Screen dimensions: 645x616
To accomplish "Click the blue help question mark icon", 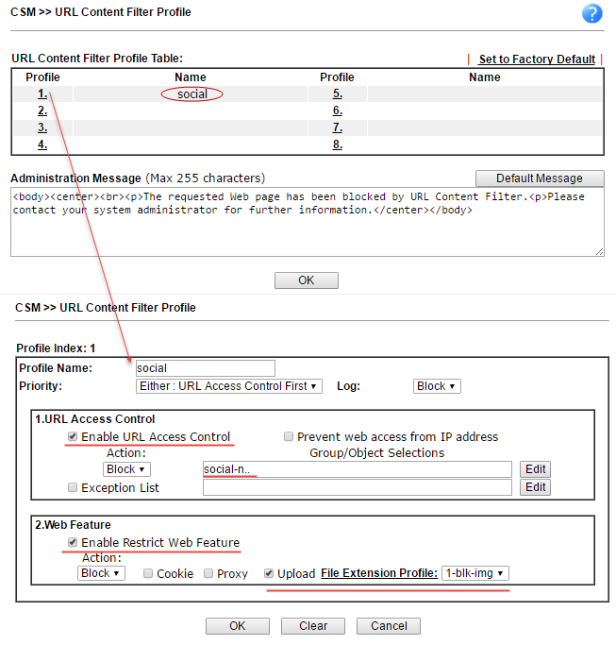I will (592, 13).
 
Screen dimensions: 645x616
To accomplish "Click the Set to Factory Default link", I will (537, 59).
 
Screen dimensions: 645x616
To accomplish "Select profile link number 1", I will (42, 94).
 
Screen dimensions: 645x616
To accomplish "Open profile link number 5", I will (337, 94).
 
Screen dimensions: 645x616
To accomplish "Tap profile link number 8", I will (337, 144).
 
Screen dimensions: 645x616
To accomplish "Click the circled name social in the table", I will (191, 94).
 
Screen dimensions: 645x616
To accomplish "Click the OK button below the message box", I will (306, 280).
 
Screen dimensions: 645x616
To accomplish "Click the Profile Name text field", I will (205, 368).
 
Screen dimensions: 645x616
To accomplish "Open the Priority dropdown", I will (229, 386).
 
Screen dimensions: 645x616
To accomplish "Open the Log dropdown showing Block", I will (437, 386).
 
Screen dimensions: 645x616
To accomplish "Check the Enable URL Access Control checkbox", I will (73, 437).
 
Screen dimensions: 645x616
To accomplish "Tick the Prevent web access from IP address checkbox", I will (289, 437).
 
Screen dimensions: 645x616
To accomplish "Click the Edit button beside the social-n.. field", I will (536, 469).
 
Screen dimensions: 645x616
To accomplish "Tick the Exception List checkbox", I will (73, 488).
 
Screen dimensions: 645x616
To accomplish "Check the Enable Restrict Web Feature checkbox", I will (73, 543).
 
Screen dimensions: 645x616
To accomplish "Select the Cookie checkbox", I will (148, 573).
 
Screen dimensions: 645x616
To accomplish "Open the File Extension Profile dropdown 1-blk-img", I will (475, 573).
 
